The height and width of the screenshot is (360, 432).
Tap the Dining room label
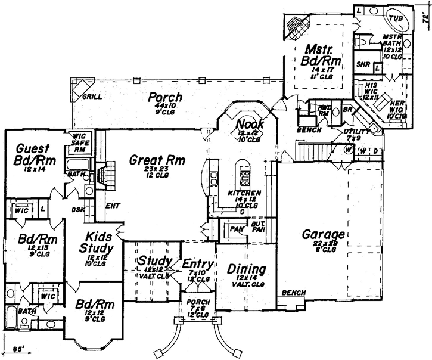[246, 269]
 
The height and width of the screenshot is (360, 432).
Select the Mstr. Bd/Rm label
[319, 55]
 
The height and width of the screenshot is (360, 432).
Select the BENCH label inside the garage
[294, 293]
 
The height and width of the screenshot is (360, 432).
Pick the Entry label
[196, 263]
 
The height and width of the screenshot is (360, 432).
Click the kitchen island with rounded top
[243, 173]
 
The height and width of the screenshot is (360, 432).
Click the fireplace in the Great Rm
[102, 174]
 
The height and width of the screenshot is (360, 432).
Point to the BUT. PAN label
[258, 226]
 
